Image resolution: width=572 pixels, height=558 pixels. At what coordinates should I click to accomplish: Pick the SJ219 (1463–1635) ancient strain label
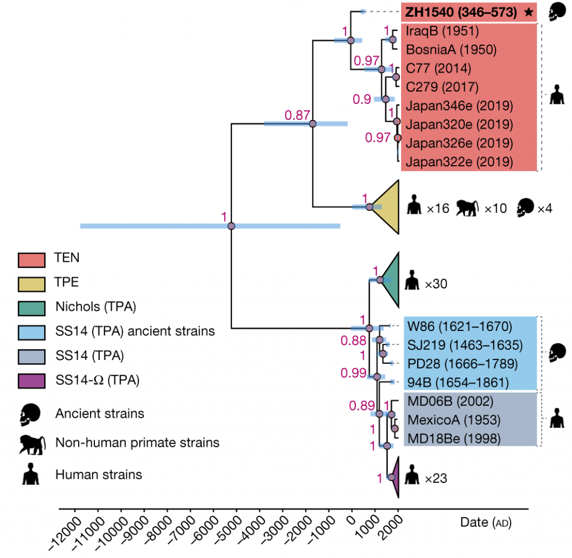(x=464, y=344)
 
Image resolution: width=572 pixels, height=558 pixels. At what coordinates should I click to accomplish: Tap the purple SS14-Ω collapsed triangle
(x=394, y=477)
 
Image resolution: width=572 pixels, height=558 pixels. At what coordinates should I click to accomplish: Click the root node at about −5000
(x=231, y=226)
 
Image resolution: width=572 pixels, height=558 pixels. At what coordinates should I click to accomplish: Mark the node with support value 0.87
(x=313, y=124)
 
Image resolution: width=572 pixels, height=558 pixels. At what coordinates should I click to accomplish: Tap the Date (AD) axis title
(x=485, y=523)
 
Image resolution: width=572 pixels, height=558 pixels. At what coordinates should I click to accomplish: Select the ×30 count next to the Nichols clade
(x=437, y=285)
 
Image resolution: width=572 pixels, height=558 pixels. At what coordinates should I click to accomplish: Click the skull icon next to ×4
(x=525, y=208)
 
